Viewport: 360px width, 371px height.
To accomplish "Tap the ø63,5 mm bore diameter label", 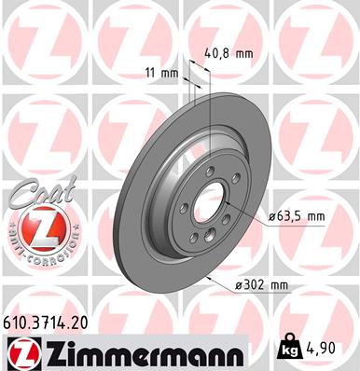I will pyautogui.click(x=296, y=216).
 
